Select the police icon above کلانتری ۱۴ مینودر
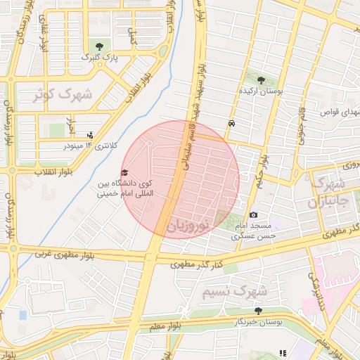89,135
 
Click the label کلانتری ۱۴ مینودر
90,146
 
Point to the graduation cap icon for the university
124,173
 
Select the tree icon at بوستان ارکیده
262,80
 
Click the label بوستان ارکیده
262,91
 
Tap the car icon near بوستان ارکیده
231,123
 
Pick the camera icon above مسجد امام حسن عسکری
253,214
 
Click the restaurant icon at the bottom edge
282,353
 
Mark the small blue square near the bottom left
22,315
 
